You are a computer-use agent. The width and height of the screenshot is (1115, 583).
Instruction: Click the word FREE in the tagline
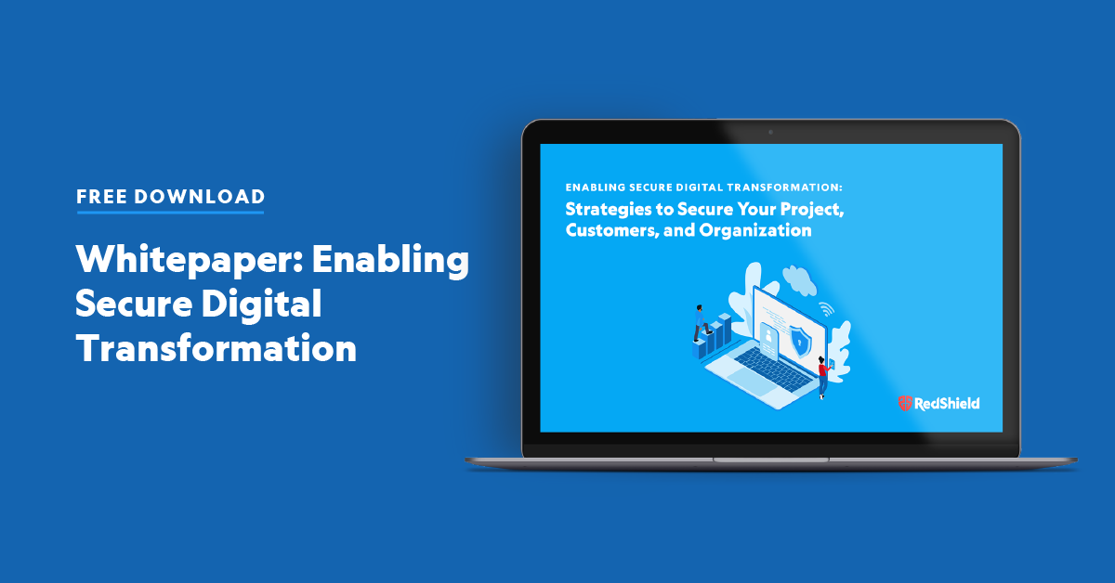click(x=101, y=197)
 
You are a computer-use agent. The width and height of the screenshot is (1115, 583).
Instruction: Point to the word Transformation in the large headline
click(x=216, y=348)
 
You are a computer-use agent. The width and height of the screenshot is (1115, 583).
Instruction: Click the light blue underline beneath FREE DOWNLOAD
click(x=170, y=213)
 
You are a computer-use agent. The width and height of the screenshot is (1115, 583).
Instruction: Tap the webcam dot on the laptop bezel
click(x=770, y=132)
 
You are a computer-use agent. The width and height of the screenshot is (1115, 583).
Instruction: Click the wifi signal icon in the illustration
click(x=824, y=309)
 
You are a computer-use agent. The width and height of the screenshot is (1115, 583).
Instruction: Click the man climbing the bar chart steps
click(x=699, y=320)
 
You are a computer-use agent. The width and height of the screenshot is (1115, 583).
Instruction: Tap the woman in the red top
click(x=822, y=377)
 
